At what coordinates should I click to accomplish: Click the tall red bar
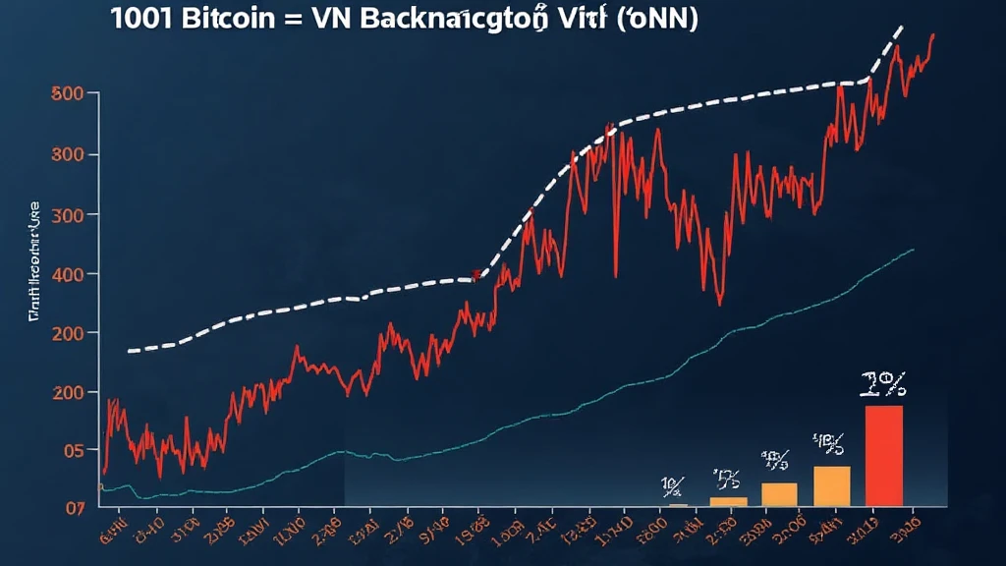883,456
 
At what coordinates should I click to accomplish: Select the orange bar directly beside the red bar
832,485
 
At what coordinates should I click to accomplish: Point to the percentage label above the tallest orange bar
828,445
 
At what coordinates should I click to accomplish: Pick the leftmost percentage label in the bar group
673,485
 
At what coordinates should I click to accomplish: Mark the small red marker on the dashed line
476,276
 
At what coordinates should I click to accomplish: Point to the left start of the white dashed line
130,350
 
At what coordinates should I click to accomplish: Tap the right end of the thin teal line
914,250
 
